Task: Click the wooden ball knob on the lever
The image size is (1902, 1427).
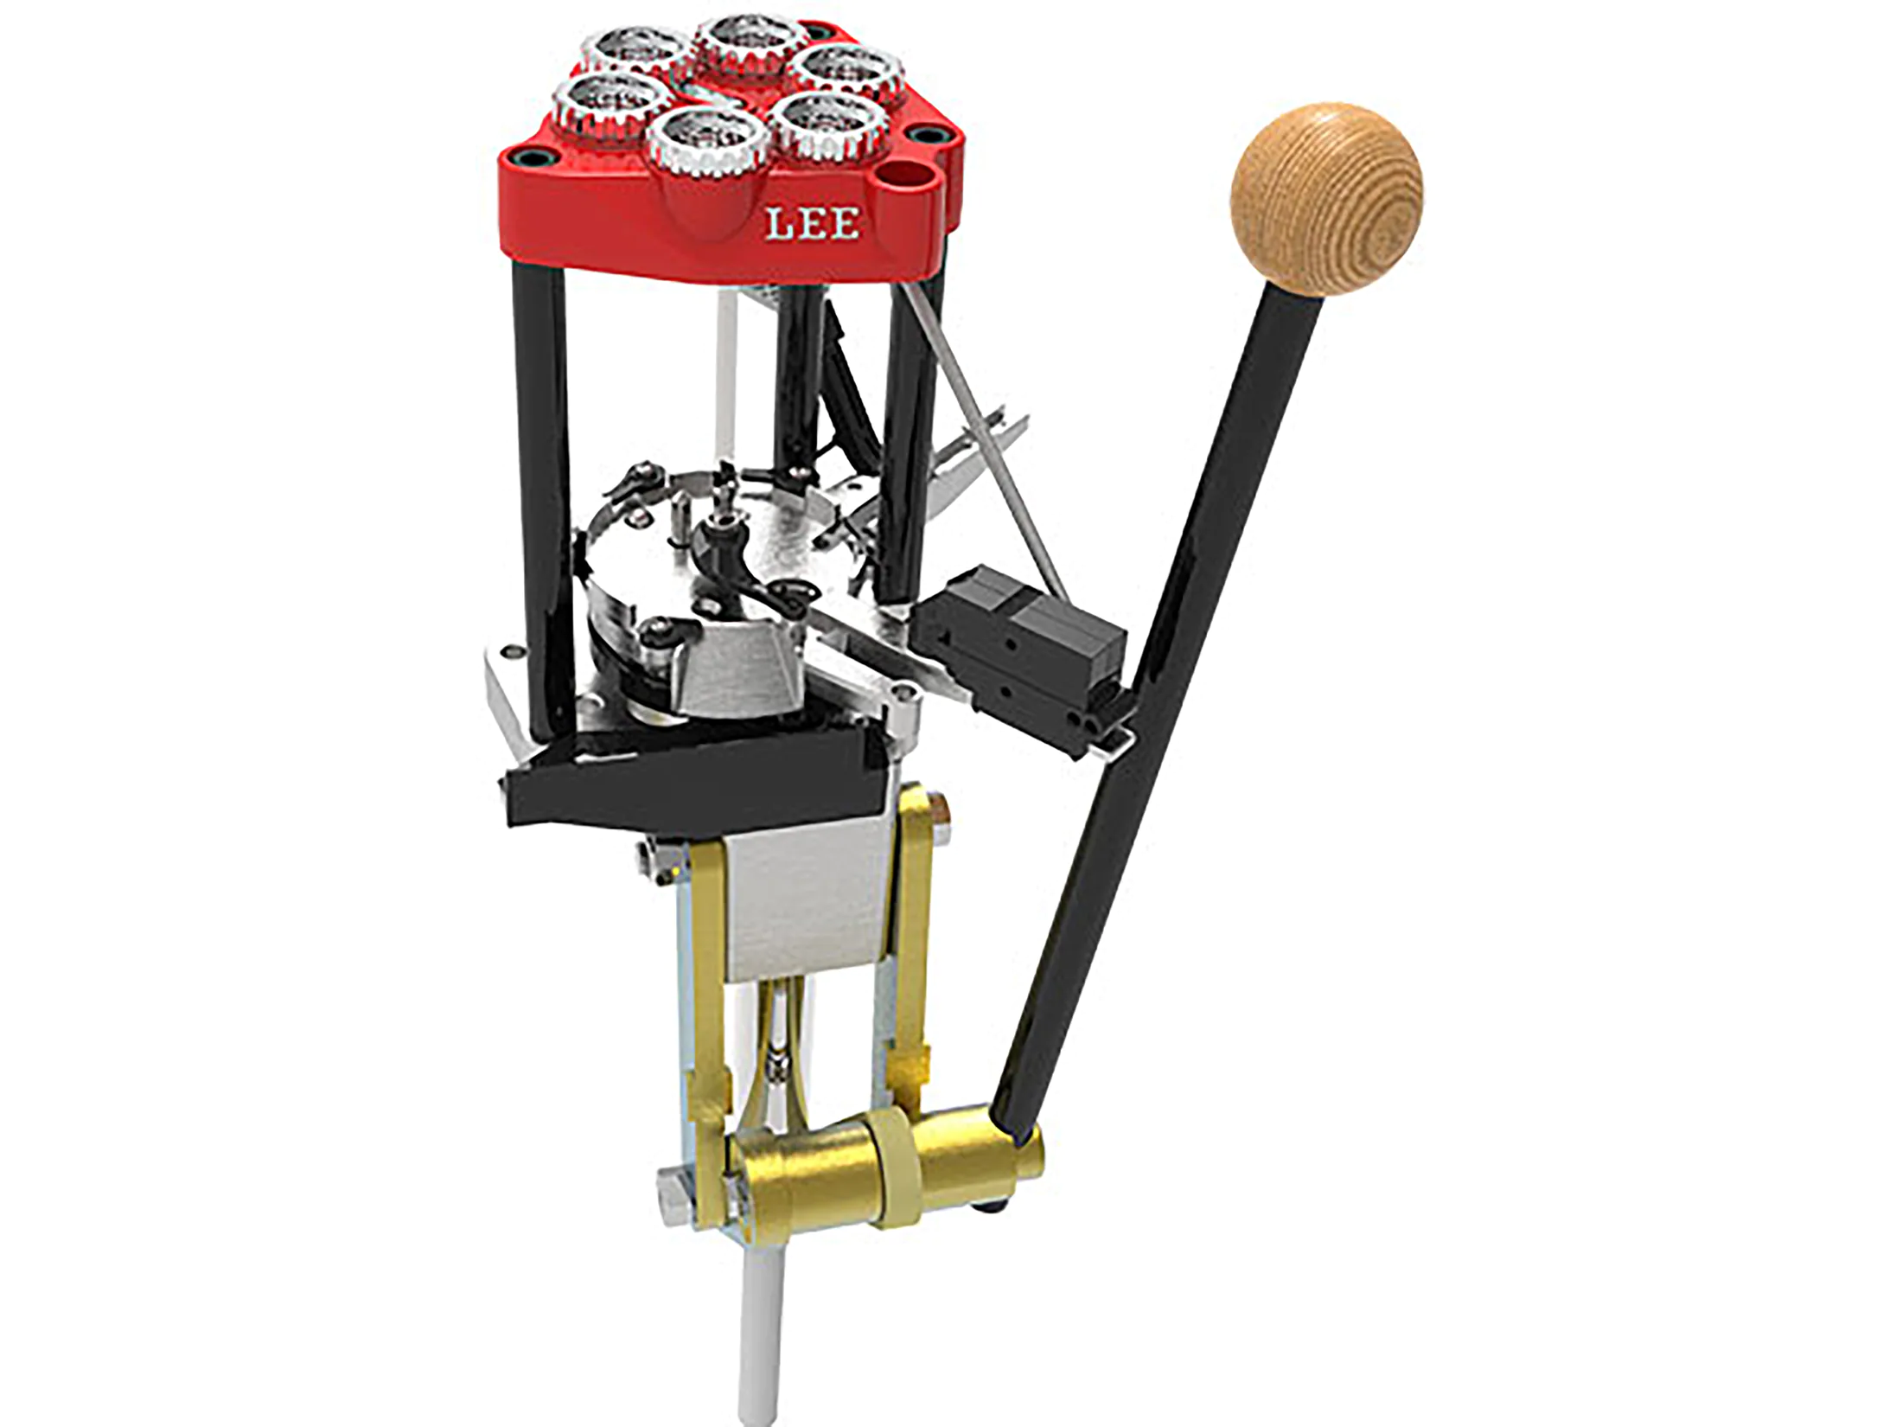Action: tap(1325, 201)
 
